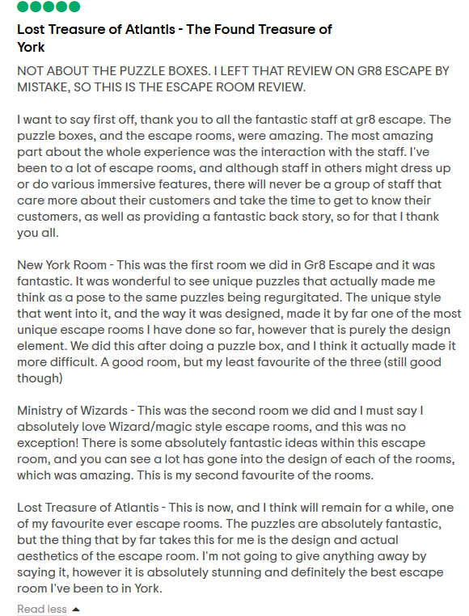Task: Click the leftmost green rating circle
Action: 23,6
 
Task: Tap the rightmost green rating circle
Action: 74,6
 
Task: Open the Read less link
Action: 41,609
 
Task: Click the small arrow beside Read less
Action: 76,609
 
